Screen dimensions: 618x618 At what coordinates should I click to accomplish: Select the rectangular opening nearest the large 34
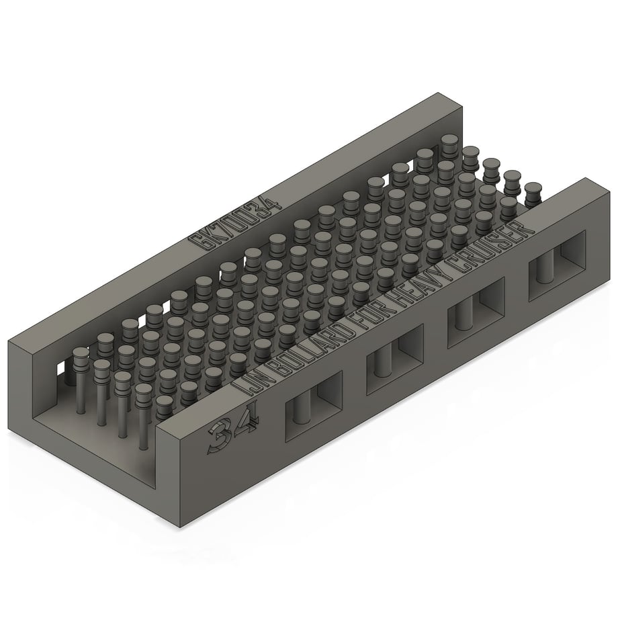[x=314, y=406]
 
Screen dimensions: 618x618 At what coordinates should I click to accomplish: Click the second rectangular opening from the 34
[x=395, y=359]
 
